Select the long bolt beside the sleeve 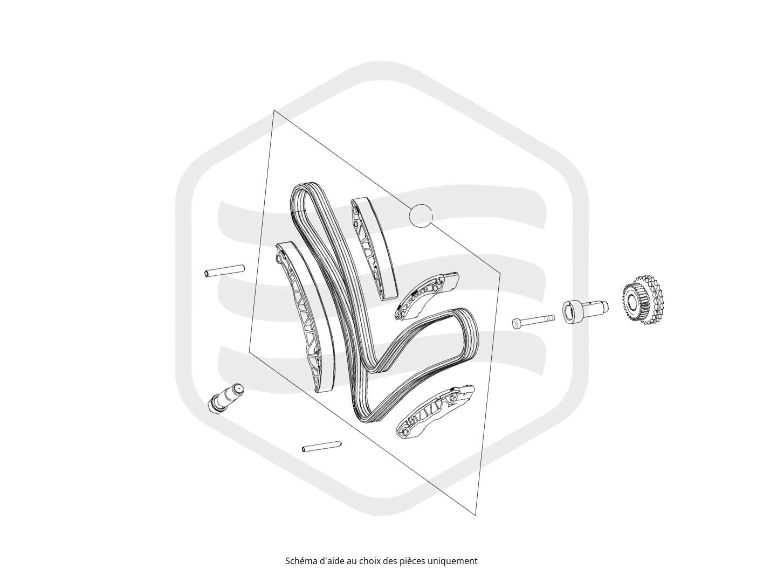533,321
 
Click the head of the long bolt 516,324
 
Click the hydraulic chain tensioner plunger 225,398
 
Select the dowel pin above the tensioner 224,271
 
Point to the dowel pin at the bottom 321,447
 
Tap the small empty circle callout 421,215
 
